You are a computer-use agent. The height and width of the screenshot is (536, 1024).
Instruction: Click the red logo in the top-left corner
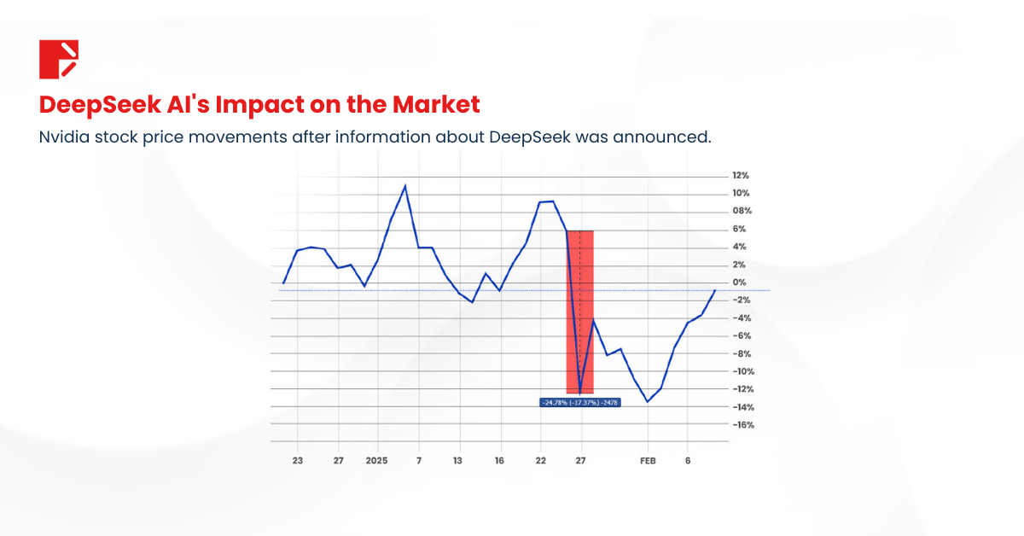pos(59,59)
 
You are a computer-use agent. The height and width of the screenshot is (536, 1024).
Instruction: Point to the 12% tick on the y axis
pos(740,175)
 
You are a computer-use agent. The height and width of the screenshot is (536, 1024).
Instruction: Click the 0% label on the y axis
pos(739,283)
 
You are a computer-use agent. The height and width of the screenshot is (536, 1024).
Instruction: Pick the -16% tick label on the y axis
pos(742,425)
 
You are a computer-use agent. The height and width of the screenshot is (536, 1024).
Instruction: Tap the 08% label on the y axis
pos(740,211)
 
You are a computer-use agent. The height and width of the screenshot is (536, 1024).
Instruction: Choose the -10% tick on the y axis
pos(742,371)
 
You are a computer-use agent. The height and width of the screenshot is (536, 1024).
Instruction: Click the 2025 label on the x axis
pos(376,461)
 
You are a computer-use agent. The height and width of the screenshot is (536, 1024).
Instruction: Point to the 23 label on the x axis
pos(298,461)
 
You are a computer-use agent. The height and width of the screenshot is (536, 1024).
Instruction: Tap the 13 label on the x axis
pos(458,461)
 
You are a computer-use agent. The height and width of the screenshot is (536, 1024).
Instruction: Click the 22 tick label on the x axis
pos(540,461)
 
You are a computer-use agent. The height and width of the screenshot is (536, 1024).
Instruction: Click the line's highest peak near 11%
pos(404,185)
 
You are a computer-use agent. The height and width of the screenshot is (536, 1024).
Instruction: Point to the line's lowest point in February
pos(647,402)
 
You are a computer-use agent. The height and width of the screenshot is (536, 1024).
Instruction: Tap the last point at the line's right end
pos(715,291)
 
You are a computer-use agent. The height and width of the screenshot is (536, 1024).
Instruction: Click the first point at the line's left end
pos(283,283)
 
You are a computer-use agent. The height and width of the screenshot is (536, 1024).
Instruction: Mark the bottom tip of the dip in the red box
pos(580,393)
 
